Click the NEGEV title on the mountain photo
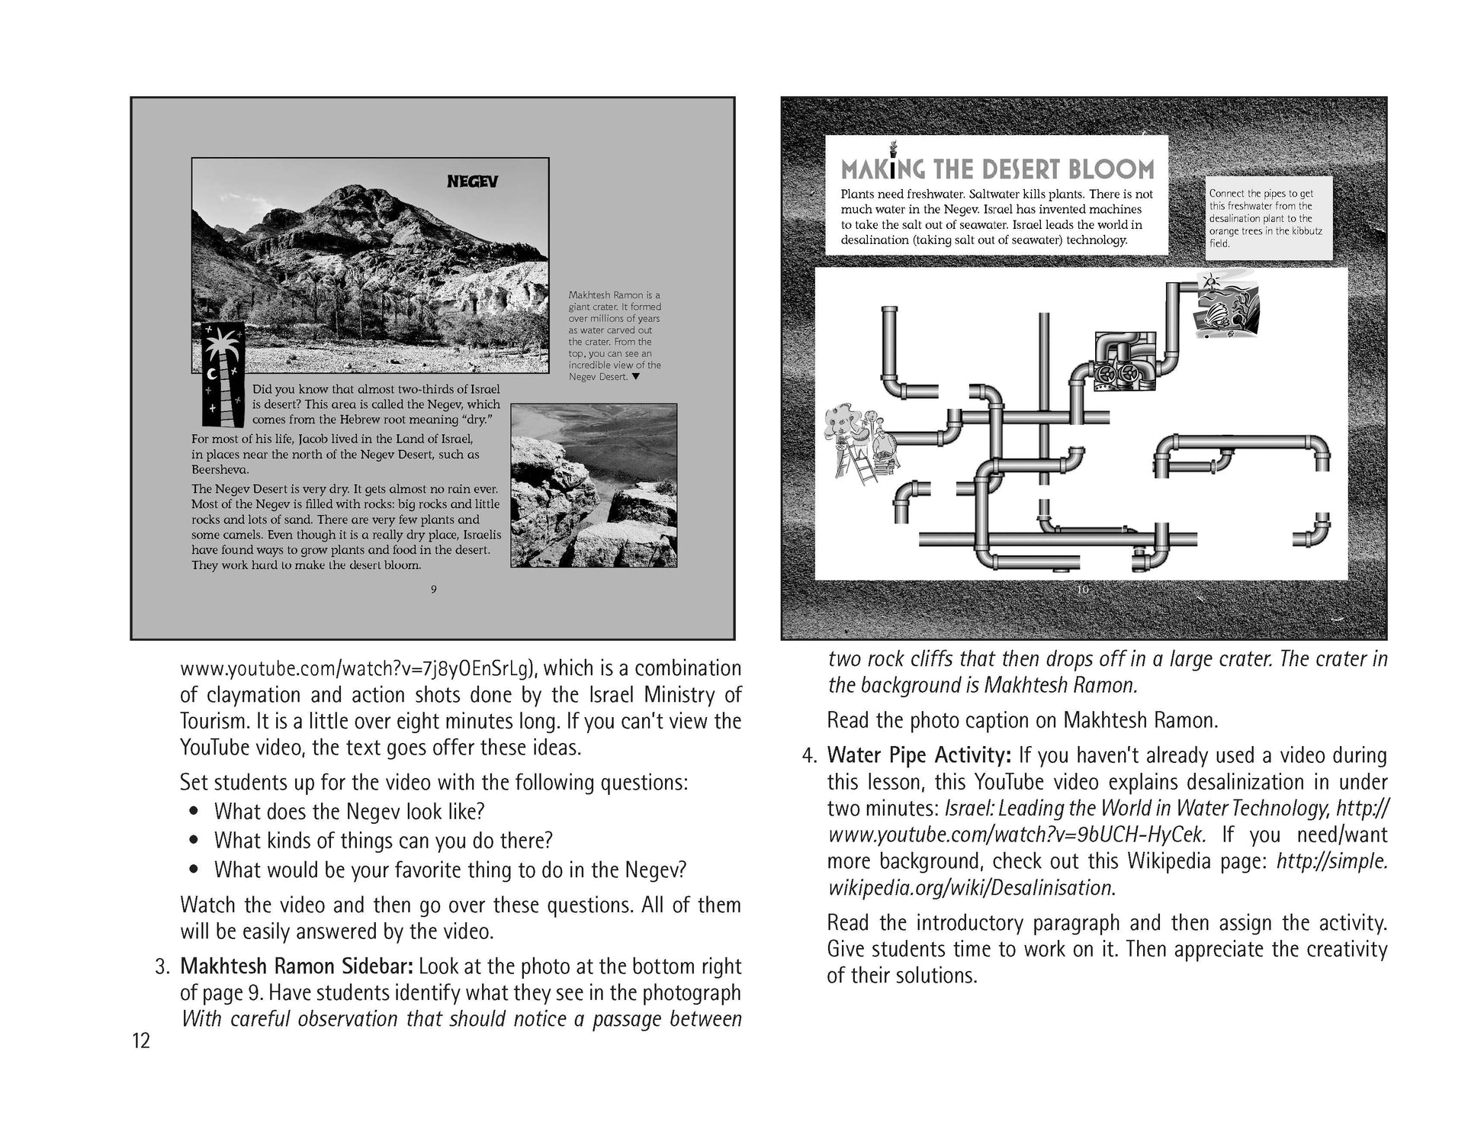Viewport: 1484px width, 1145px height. (472, 182)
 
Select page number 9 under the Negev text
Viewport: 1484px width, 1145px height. (433, 589)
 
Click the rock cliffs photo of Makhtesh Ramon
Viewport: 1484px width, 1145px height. (593, 486)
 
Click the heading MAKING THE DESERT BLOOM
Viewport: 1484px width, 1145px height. (997, 169)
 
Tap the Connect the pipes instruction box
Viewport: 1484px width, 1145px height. (1268, 218)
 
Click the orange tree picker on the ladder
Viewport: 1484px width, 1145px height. (862, 443)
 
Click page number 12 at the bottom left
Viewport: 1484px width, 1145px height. (141, 1040)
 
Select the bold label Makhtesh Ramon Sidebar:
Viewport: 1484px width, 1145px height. (297, 966)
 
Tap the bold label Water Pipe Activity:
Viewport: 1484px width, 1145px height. (919, 755)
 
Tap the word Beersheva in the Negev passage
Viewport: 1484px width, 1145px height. (220, 470)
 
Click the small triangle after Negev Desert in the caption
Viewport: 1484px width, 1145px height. (636, 377)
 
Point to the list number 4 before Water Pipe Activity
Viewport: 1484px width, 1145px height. (808, 755)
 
